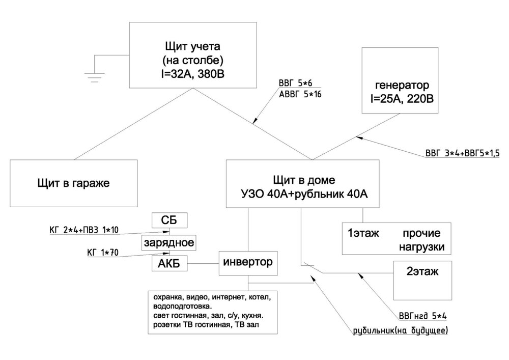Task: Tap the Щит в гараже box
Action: (x=74, y=183)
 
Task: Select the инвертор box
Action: (x=248, y=263)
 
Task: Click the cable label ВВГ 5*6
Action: (x=296, y=84)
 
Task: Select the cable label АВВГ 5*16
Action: (x=300, y=94)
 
